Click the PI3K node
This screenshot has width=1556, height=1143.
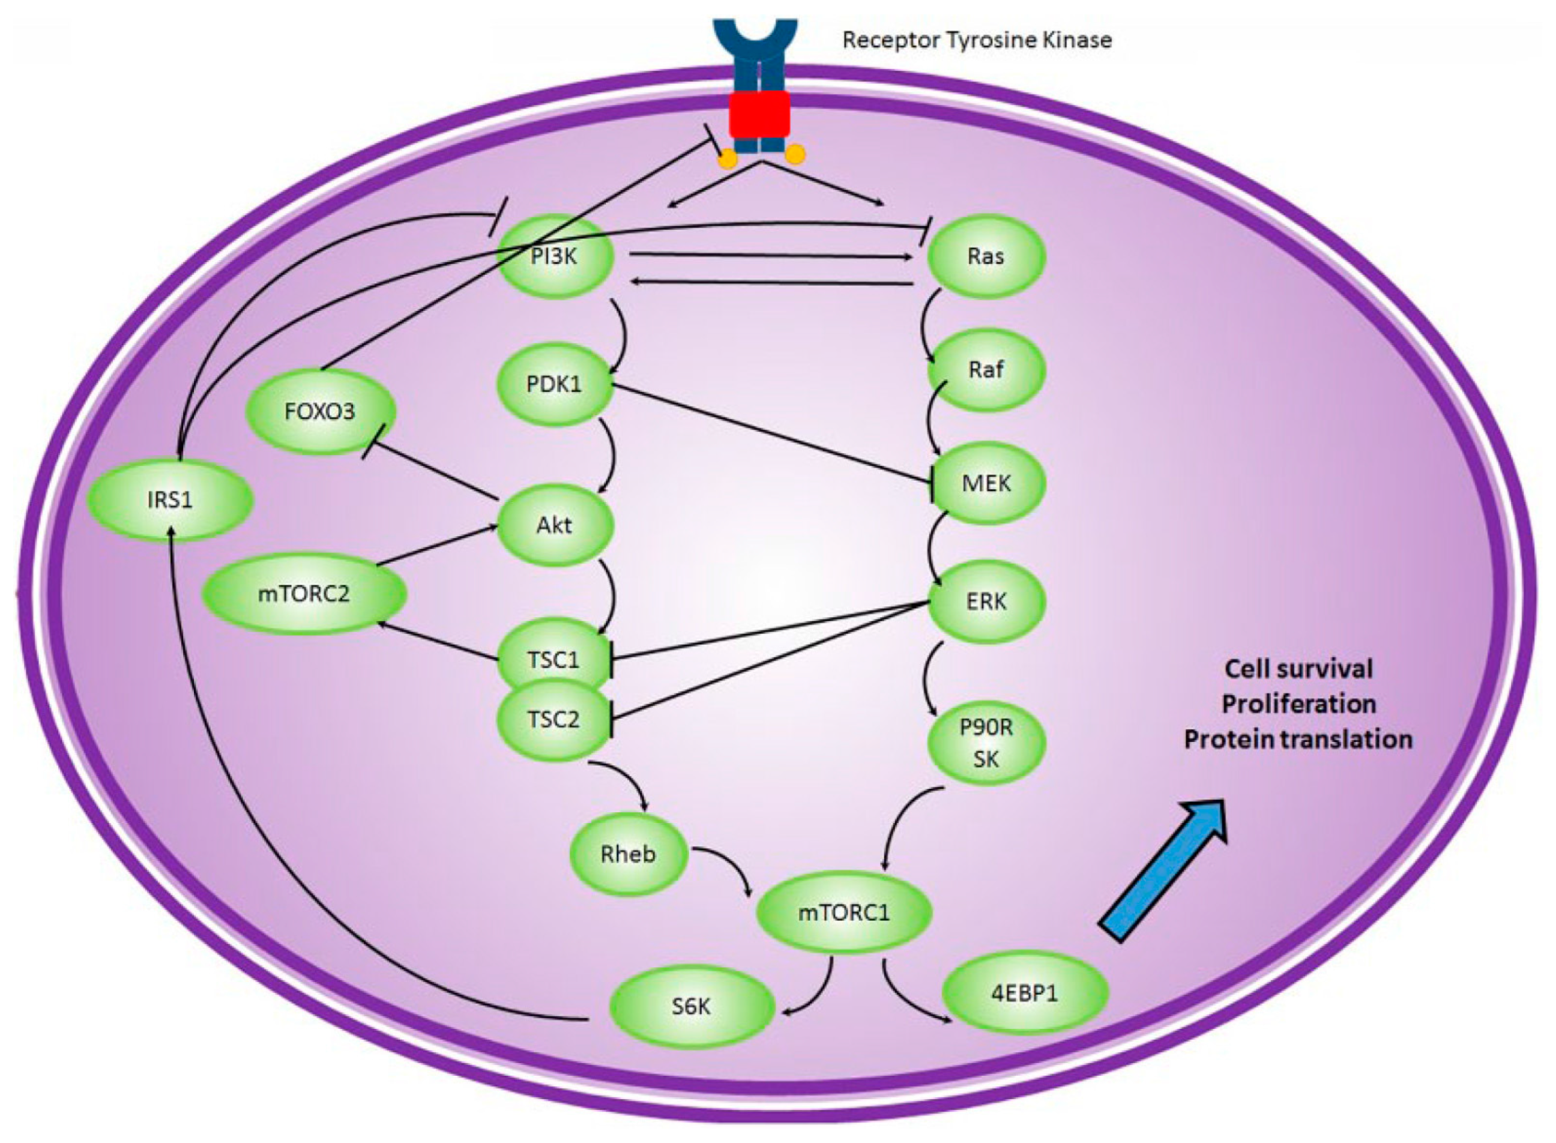point(555,257)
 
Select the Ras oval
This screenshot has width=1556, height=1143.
point(985,257)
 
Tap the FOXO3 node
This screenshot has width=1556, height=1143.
point(319,412)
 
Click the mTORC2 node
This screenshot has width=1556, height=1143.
point(304,594)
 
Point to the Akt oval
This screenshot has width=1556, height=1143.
point(555,525)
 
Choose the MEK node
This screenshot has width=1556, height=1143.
point(986,483)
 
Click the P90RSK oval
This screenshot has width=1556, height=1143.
point(986,743)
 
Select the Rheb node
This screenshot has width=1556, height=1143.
point(628,854)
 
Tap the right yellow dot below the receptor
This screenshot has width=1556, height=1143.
point(797,154)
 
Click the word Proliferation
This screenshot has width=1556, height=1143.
point(1298,704)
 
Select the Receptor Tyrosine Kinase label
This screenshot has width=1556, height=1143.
point(977,40)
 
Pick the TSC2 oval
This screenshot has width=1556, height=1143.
point(553,720)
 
